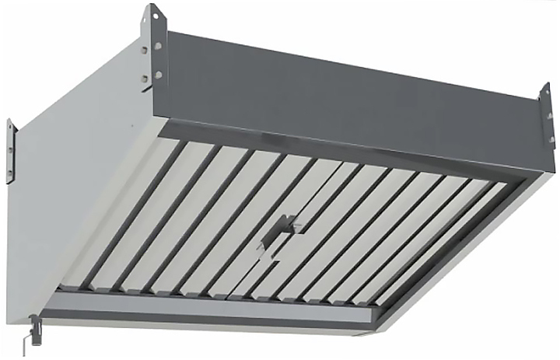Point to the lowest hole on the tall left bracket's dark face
coord(158,75)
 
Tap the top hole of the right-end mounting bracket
coord(548,97)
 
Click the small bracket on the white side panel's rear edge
coord(11,152)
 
